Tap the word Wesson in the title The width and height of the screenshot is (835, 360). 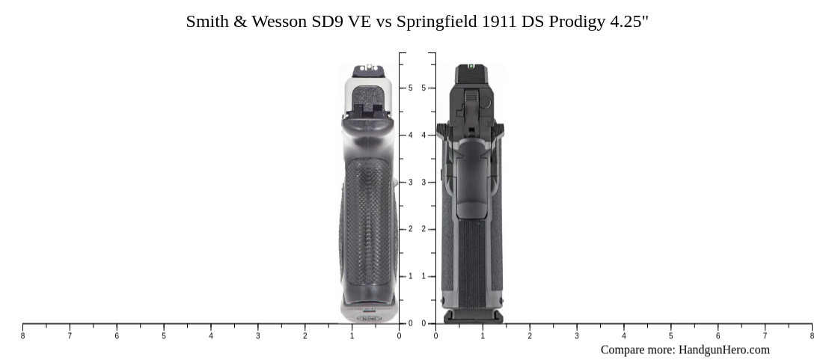coord(278,22)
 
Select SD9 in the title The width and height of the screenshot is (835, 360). coord(326,22)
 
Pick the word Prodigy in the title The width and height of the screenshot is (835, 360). coord(577,22)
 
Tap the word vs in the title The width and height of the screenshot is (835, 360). coord(384,22)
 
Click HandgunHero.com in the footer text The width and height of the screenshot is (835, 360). coord(724,350)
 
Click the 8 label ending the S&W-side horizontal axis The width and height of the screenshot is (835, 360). coord(22,336)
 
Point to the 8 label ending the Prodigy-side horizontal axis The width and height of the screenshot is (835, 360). coord(812,336)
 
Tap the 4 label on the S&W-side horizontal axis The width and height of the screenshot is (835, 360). coord(211,336)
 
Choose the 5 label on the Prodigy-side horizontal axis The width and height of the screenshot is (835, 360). coord(670,336)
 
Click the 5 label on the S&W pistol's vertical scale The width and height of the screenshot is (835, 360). coord(410,88)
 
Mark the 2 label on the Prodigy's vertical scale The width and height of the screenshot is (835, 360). coord(423,229)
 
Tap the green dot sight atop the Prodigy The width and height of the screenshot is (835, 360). coord(471,67)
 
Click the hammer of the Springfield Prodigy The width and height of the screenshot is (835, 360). coord(471,105)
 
